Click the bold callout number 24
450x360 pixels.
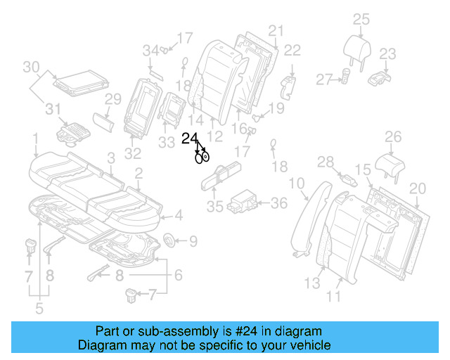coord(190,139)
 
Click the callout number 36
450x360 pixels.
coord(279,203)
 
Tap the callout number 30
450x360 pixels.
coord(30,67)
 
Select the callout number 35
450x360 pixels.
coord(214,206)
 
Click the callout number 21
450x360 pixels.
coord(275,30)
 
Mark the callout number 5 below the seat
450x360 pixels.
coord(39,307)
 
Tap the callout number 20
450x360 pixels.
coord(418,188)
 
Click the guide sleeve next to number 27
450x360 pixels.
coord(347,76)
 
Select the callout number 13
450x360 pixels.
coord(313,283)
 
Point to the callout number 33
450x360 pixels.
coord(167,143)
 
